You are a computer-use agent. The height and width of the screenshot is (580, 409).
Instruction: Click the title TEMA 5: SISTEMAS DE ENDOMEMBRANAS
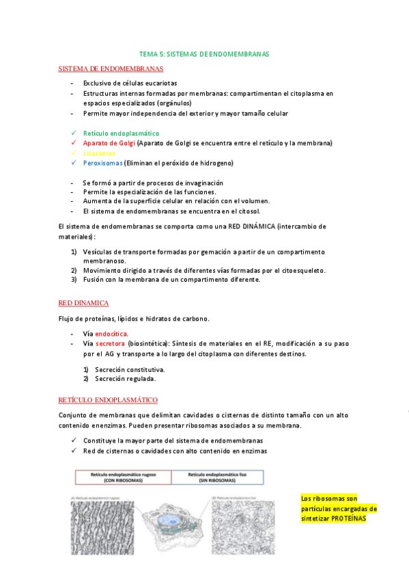pyautogui.click(x=204, y=53)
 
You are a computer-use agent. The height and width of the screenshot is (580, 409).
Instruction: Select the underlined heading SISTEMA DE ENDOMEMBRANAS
pyautogui.click(x=111, y=69)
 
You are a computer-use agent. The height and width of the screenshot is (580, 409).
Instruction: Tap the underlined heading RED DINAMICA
pyautogui.click(x=83, y=302)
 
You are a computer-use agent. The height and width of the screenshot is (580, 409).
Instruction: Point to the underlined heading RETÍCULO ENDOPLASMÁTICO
pyautogui.click(x=108, y=399)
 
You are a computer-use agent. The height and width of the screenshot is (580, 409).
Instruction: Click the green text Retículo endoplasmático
pyautogui.click(x=121, y=133)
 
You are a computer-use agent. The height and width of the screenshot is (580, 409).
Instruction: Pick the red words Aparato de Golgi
pyautogui.click(x=109, y=143)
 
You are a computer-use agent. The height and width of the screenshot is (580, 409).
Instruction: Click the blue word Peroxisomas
pyautogui.click(x=103, y=163)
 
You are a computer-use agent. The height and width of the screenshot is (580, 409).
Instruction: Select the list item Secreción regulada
pyautogui.click(x=125, y=378)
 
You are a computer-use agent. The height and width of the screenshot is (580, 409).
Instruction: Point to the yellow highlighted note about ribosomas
pyautogui.click(x=339, y=508)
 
